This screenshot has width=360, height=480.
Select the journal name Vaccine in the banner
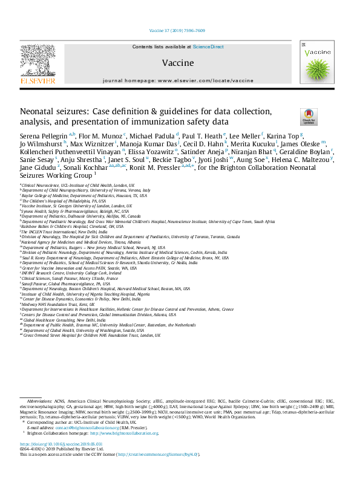(x=178, y=63)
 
